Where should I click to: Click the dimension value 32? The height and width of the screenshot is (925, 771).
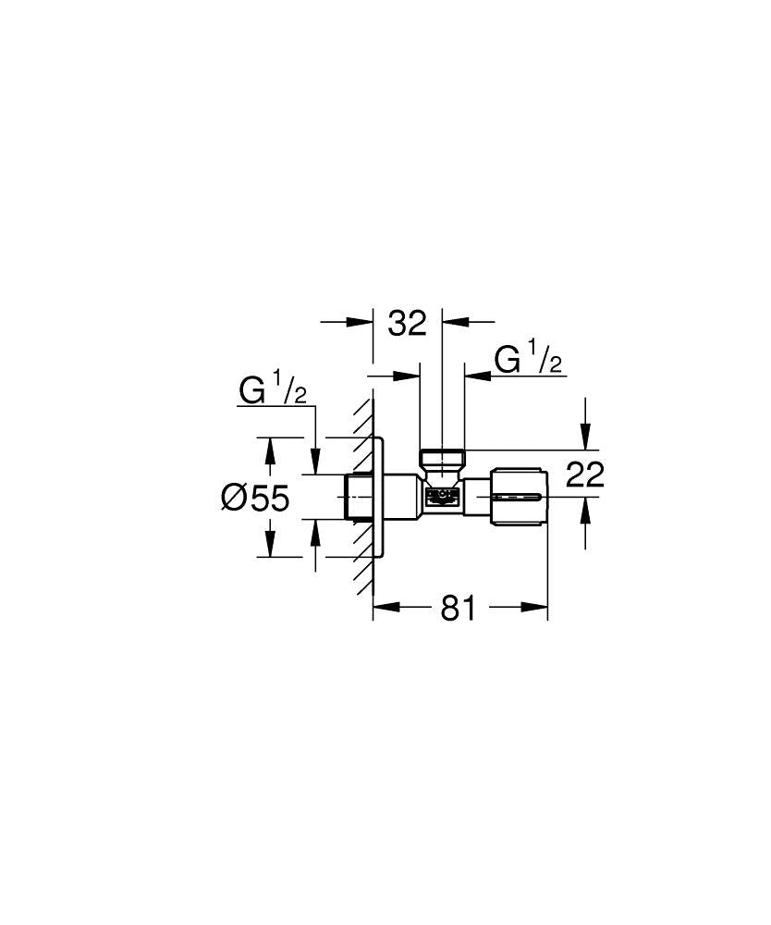407,323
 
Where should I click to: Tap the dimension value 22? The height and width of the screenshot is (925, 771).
584,475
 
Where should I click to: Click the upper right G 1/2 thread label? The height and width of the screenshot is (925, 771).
528,359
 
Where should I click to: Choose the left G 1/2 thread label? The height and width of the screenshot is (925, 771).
273,391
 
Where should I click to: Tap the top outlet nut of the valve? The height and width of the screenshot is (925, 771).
442,459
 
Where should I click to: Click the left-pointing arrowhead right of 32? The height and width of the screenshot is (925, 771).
455,322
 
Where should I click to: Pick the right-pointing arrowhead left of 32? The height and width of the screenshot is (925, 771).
360,322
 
